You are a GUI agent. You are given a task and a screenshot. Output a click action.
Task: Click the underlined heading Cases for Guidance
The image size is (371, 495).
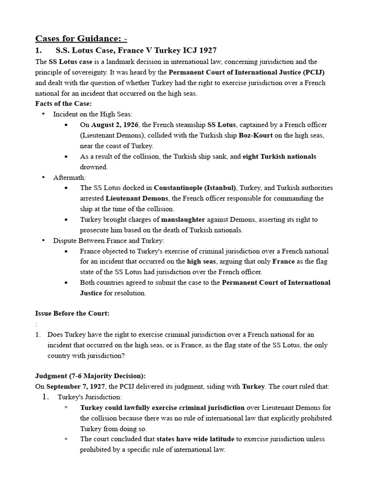pyautogui.click(x=81, y=38)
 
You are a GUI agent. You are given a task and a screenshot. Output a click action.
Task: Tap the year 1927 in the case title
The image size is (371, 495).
pyautogui.click(x=206, y=50)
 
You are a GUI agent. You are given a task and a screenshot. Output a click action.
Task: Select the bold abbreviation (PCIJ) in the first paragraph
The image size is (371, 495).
pyautogui.click(x=314, y=72)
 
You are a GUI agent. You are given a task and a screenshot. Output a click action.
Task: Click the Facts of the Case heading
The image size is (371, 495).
pyautogui.click(x=63, y=103)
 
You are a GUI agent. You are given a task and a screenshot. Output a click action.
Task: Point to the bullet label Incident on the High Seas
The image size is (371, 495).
pyautogui.click(x=89, y=114)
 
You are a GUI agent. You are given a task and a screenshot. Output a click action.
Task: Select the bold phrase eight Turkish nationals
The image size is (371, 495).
pyautogui.click(x=279, y=156)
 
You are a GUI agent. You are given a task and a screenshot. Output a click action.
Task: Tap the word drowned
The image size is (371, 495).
pyautogui.click(x=94, y=167)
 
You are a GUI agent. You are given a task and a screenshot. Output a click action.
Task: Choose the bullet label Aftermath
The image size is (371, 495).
pyautogui.click(x=70, y=177)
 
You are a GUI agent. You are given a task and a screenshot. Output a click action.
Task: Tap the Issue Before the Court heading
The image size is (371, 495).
pyautogui.click(x=72, y=313)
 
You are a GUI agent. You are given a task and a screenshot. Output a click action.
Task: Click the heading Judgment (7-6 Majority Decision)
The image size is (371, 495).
pyautogui.click(x=90, y=376)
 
